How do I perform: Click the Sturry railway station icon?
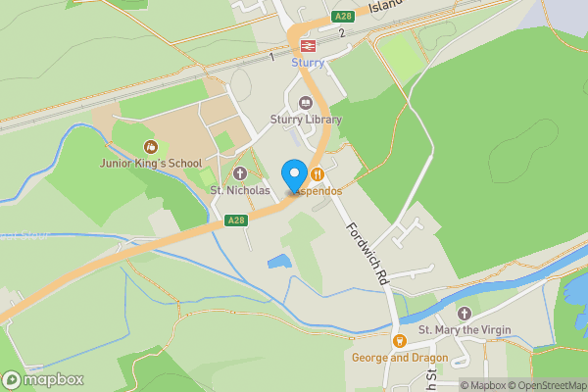click(307, 46)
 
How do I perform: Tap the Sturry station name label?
click(307, 63)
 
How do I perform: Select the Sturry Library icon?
click(306, 103)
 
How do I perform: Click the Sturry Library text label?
click(306, 120)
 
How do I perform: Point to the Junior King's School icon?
click(150, 146)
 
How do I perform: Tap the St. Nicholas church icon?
click(240, 173)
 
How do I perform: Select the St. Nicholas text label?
click(240, 190)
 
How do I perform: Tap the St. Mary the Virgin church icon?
click(465, 313)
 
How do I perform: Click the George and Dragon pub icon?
click(400, 341)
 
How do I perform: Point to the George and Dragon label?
click(400, 358)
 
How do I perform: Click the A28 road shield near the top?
click(342, 16)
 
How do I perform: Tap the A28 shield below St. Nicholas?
click(235, 221)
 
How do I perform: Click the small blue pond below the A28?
click(279, 262)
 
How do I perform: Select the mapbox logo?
click(43, 379)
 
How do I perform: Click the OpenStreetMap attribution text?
click(550, 385)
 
